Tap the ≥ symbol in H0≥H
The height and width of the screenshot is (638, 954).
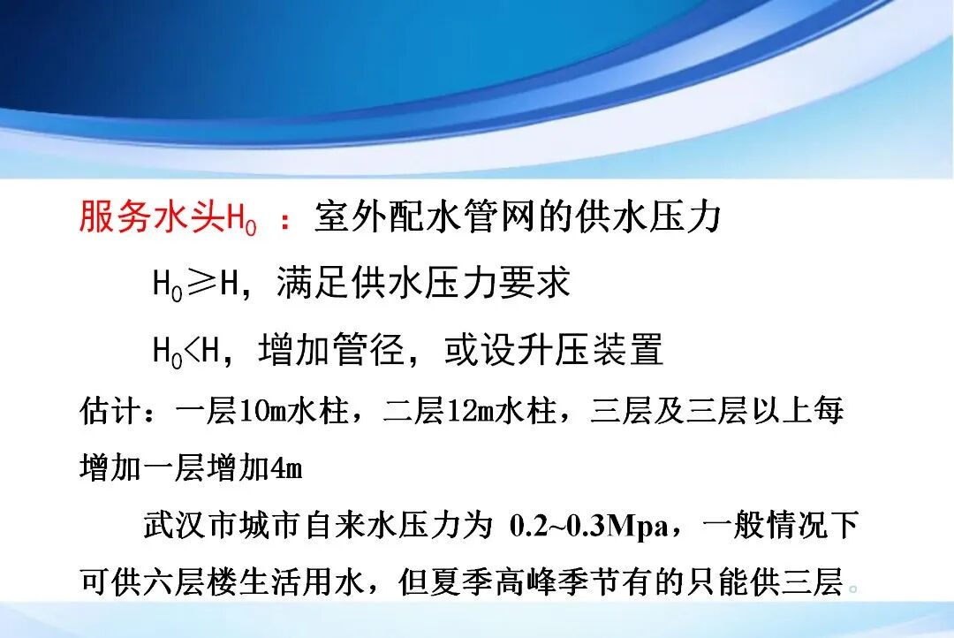(x=201, y=284)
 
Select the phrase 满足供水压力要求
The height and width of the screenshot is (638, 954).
(x=424, y=284)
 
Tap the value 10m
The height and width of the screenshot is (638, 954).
(x=260, y=412)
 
